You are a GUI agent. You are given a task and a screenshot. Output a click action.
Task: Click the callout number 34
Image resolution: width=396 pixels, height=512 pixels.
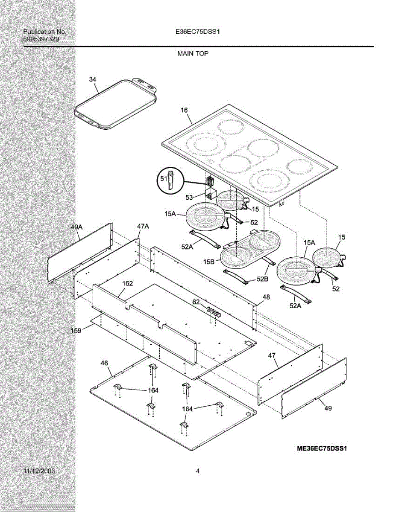[93, 79]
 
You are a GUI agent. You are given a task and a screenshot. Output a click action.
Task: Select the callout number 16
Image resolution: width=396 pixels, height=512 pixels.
[184, 111]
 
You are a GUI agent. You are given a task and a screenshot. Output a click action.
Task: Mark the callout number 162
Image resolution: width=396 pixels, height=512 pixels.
[127, 283]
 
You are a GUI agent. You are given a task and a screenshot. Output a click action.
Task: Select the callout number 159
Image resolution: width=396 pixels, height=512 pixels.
[76, 330]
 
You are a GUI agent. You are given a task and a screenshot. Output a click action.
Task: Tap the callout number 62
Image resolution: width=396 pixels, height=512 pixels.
[196, 302]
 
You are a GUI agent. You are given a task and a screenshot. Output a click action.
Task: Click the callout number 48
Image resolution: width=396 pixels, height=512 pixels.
[266, 297]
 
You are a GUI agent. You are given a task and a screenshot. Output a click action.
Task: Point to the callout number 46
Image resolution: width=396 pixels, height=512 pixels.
[104, 363]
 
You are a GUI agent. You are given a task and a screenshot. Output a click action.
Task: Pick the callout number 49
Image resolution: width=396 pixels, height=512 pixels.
[328, 408]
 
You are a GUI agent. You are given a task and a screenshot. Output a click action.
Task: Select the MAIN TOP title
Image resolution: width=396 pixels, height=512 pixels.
[193, 54]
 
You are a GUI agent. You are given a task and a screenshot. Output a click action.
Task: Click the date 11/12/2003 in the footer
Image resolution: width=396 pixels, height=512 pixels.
[39, 471]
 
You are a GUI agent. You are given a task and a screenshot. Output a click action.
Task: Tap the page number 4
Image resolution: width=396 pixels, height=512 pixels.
[198, 471]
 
